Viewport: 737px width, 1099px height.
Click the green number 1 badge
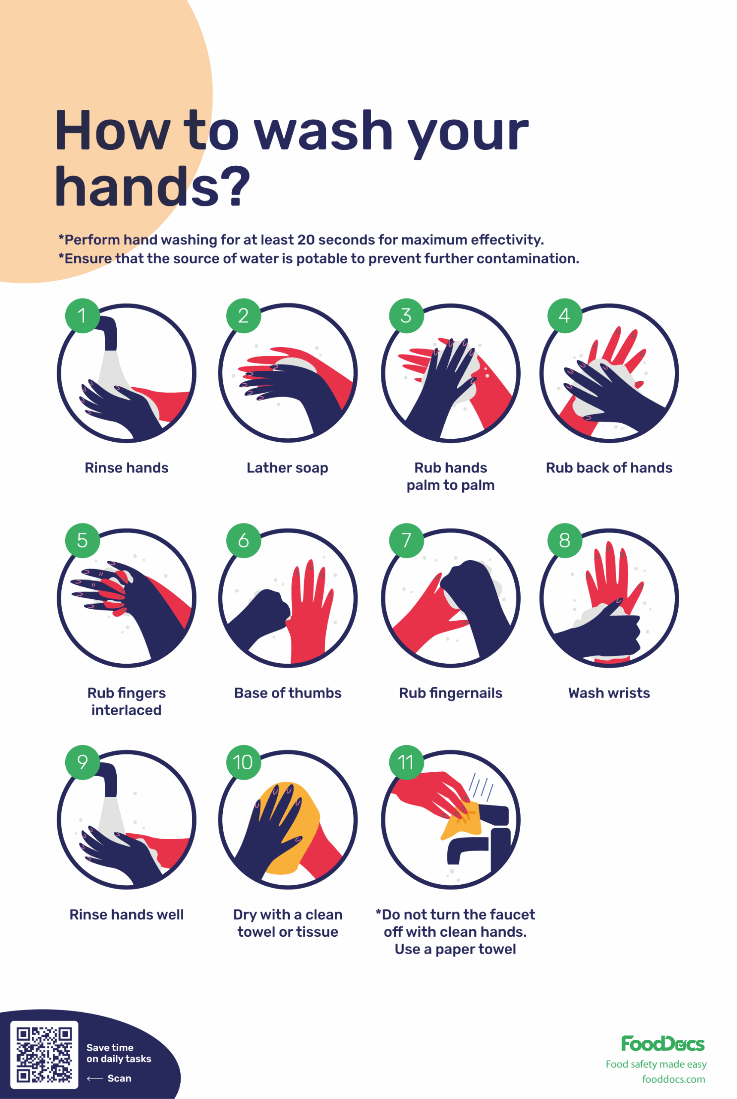82,316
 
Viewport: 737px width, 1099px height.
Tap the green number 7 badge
406,540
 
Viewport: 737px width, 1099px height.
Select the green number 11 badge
406,762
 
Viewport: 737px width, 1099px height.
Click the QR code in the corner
44,1055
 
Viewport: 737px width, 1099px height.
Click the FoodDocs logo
662,1044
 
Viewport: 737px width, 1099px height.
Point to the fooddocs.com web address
673,1079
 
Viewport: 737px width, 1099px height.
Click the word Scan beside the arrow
119,1078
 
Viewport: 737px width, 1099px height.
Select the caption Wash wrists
609,693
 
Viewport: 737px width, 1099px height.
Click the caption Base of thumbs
288,693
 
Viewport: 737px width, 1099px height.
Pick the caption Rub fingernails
450,693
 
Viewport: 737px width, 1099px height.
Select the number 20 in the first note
306,240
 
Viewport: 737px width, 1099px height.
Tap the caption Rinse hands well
127,915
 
